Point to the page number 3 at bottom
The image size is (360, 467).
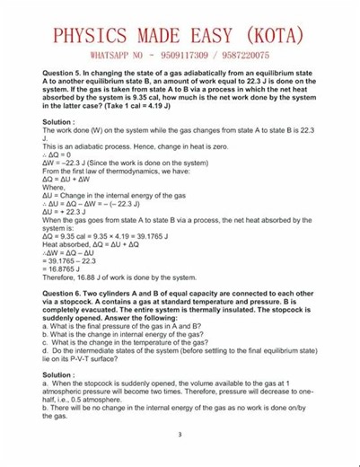coord(180,436)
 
